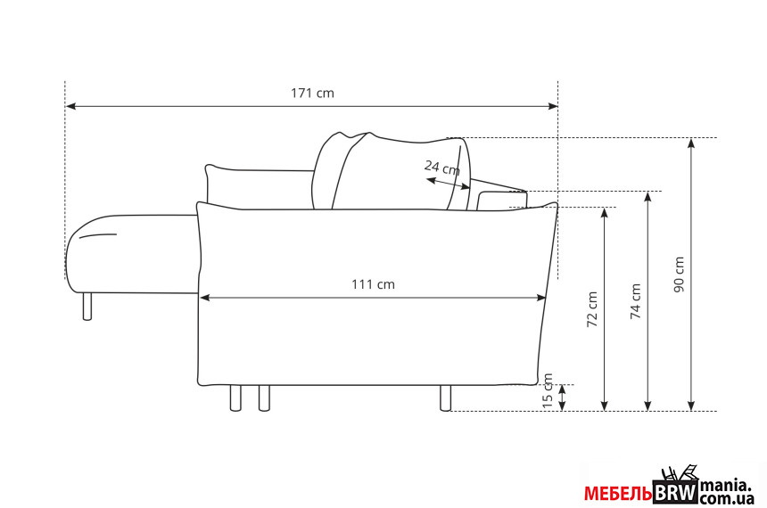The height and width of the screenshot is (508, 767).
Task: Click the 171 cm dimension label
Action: coord(312,93)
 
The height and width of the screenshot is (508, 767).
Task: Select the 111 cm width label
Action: coord(373,284)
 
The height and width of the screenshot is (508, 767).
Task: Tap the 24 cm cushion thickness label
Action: coord(442,168)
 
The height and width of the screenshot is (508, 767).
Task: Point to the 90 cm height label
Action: coord(679,274)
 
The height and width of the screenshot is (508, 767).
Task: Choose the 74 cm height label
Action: coord(635,301)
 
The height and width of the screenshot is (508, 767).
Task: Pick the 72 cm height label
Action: coord(592,309)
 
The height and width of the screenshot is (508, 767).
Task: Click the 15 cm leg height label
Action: coord(548,390)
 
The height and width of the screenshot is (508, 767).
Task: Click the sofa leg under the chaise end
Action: coord(87,307)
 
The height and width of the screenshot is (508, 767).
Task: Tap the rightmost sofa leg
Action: coord(445,398)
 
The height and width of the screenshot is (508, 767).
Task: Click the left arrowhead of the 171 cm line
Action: coord(70,105)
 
